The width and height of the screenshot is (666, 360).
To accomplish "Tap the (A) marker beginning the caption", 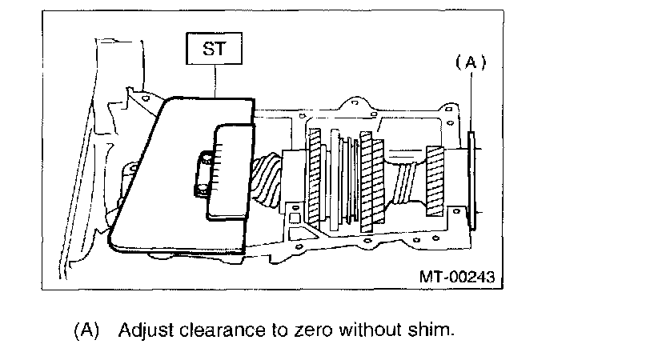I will pos(86,330).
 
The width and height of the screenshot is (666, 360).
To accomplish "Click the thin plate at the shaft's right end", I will pos(471,180).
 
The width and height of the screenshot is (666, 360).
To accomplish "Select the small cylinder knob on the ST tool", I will pos(206,166).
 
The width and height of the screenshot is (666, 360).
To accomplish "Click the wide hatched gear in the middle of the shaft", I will pos(369,180).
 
